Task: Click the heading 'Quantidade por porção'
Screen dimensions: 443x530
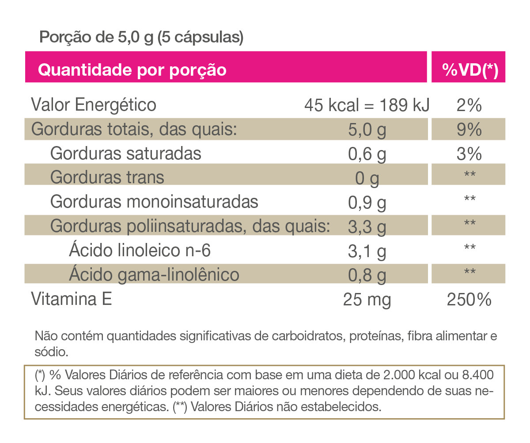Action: coord(132,70)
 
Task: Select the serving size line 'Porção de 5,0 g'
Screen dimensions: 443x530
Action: coord(141,37)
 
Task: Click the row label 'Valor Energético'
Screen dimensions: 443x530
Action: coord(94,105)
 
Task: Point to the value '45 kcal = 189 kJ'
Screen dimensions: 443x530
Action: coord(367,106)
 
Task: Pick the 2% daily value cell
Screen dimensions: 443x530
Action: coord(469,106)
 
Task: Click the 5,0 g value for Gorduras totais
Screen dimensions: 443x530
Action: coord(367,130)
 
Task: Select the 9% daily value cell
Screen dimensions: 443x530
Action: coord(469,130)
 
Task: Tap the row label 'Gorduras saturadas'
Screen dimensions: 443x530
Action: coord(125,154)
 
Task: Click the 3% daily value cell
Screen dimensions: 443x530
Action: coord(469,154)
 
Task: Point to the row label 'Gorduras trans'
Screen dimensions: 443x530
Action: coord(107,177)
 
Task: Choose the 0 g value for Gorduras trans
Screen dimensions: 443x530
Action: coord(367,178)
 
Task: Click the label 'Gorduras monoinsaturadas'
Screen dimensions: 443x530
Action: coord(154,202)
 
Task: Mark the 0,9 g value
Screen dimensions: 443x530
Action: coord(367,203)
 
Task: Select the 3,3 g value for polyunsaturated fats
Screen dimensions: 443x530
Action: coord(367,227)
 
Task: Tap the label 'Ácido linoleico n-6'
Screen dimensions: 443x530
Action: coord(140,251)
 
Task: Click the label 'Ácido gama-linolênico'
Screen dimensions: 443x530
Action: coord(154,275)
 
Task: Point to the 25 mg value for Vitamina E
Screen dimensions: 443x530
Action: coord(367,300)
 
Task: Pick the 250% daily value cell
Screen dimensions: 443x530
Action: coord(469,300)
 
